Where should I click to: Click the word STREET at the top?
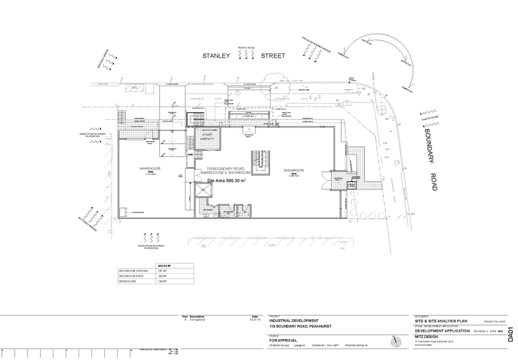[273, 56]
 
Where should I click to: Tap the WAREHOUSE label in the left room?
[150, 170]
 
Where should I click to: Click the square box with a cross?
[203, 190]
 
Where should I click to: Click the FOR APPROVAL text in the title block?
[283, 340]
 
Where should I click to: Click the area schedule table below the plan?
[155, 274]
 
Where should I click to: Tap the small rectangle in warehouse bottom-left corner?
[122, 212]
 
